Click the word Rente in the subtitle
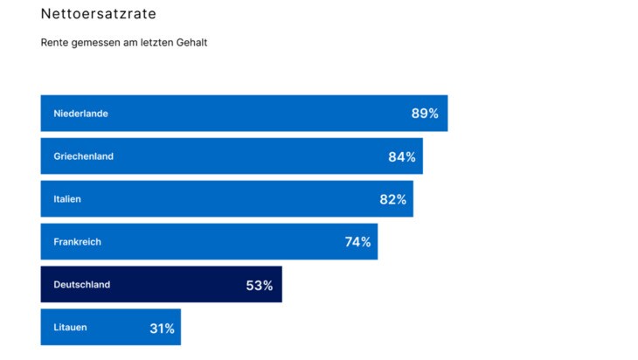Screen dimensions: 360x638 pos(55,43)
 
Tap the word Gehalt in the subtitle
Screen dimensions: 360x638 pos(191,43)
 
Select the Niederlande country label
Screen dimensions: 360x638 pos(80,114)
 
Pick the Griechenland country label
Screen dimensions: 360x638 pos(84,156)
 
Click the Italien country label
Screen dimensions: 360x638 pos(67,199)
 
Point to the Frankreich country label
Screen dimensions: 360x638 pos(77,242)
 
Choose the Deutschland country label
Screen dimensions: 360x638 pos(82,285)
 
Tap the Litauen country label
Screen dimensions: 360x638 pos(70,328)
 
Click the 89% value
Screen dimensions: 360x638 pos(425,114)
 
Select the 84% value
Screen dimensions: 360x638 pos(402,156)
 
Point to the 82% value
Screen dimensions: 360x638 pos(392,199)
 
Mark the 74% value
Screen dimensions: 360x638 pos(357,242)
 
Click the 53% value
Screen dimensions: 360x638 pos(260,285)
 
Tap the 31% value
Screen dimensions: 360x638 pos(162,329)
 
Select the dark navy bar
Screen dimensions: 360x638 pos(175,285)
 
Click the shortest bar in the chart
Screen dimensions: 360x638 pos(110,328)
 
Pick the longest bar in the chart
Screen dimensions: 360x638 pos(244,114)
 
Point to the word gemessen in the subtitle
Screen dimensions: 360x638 pos(96,43)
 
